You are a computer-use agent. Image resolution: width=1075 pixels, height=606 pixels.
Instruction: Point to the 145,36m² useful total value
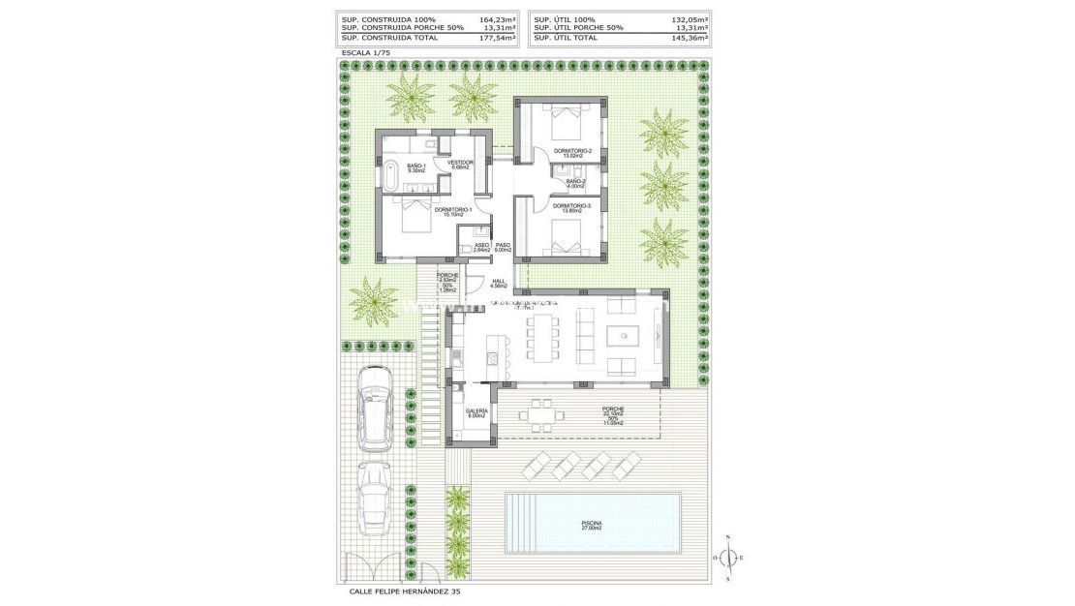click(x=690, y=38)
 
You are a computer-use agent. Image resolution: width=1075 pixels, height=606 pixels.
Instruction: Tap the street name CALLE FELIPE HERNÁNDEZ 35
click(x=412, y=591)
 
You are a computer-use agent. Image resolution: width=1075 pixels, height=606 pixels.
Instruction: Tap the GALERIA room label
click(x=476, y=412)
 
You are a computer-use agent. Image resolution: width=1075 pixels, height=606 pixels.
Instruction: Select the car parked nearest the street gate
click(x=373, y=496)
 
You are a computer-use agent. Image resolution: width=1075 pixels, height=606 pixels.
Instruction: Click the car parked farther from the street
click(x=373, y=407)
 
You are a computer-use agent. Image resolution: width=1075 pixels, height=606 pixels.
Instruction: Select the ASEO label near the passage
click(x=480, y=247)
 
